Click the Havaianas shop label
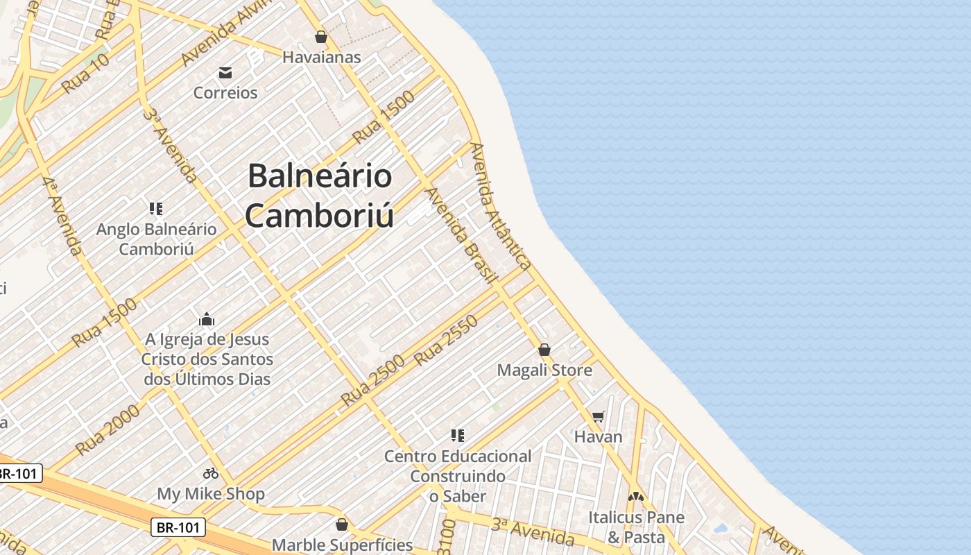pos(321,57)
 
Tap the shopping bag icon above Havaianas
pos(321,37)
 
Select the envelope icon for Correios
pos(225,72)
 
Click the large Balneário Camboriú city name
pos(320,195)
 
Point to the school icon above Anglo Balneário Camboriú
pos(156,208)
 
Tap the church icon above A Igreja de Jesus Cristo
pos(207,319)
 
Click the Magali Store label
pos(544,370)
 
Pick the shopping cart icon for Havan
pos(598,416)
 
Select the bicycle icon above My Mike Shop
pos(211,473)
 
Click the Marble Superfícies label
pos(342,545)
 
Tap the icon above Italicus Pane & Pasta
pos(636,497)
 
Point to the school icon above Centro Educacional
pos(458,436)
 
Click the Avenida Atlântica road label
pos(501,206)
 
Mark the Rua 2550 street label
pos(447,340)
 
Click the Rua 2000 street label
pos(108,429)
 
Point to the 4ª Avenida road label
pos(62,216)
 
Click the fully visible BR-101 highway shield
pos(178,527)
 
